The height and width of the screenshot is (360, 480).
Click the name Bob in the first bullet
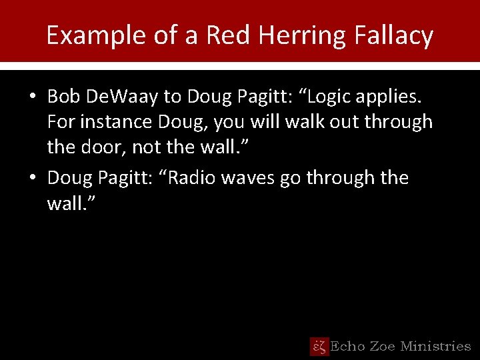pyautogui.click(x=63, y=97)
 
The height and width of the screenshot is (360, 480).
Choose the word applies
pyautogui.click(x=393, y=98)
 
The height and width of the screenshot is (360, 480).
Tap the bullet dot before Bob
pyautogui.click(x=32, y=98)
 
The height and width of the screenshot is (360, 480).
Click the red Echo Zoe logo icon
pyautogui.click(x=319, y=346)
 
